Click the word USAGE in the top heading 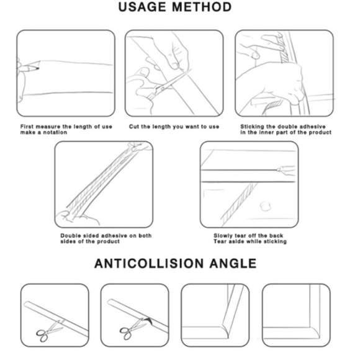142,7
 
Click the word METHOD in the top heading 202,7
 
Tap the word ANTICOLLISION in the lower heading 149,263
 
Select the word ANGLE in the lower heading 233,263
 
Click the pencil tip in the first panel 38,68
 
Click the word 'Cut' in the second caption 133,127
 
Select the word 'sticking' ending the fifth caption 276,241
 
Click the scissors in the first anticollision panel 49,331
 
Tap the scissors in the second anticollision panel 132,330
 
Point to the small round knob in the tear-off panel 266,206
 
